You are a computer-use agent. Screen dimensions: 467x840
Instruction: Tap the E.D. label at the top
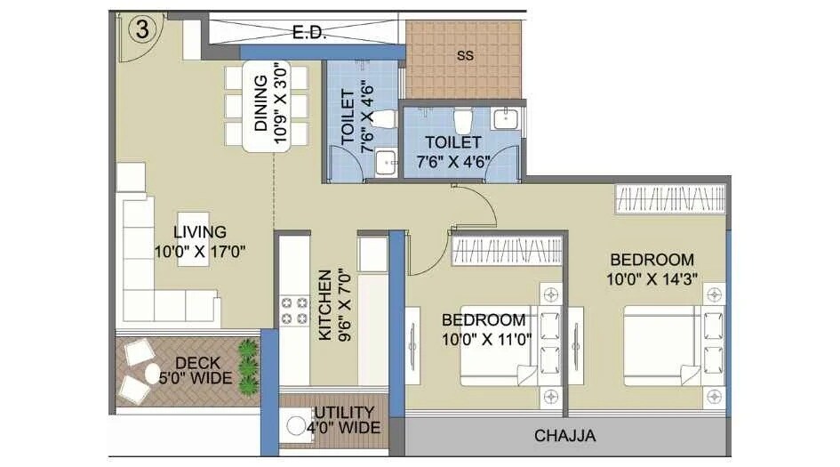point(310,34)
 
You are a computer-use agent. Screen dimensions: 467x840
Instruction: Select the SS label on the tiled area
point(464,55)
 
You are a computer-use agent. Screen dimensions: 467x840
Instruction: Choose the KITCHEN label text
point(325,305)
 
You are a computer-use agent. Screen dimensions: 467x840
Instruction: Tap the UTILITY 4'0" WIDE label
point(347,420)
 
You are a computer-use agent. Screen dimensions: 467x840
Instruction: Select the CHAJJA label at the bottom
point(564,436)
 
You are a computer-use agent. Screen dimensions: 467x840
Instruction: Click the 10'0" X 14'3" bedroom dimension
point(652,278)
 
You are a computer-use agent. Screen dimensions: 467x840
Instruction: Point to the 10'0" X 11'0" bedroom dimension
point(484,337)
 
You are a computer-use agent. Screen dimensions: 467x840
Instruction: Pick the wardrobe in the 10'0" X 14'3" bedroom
point(669,198)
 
